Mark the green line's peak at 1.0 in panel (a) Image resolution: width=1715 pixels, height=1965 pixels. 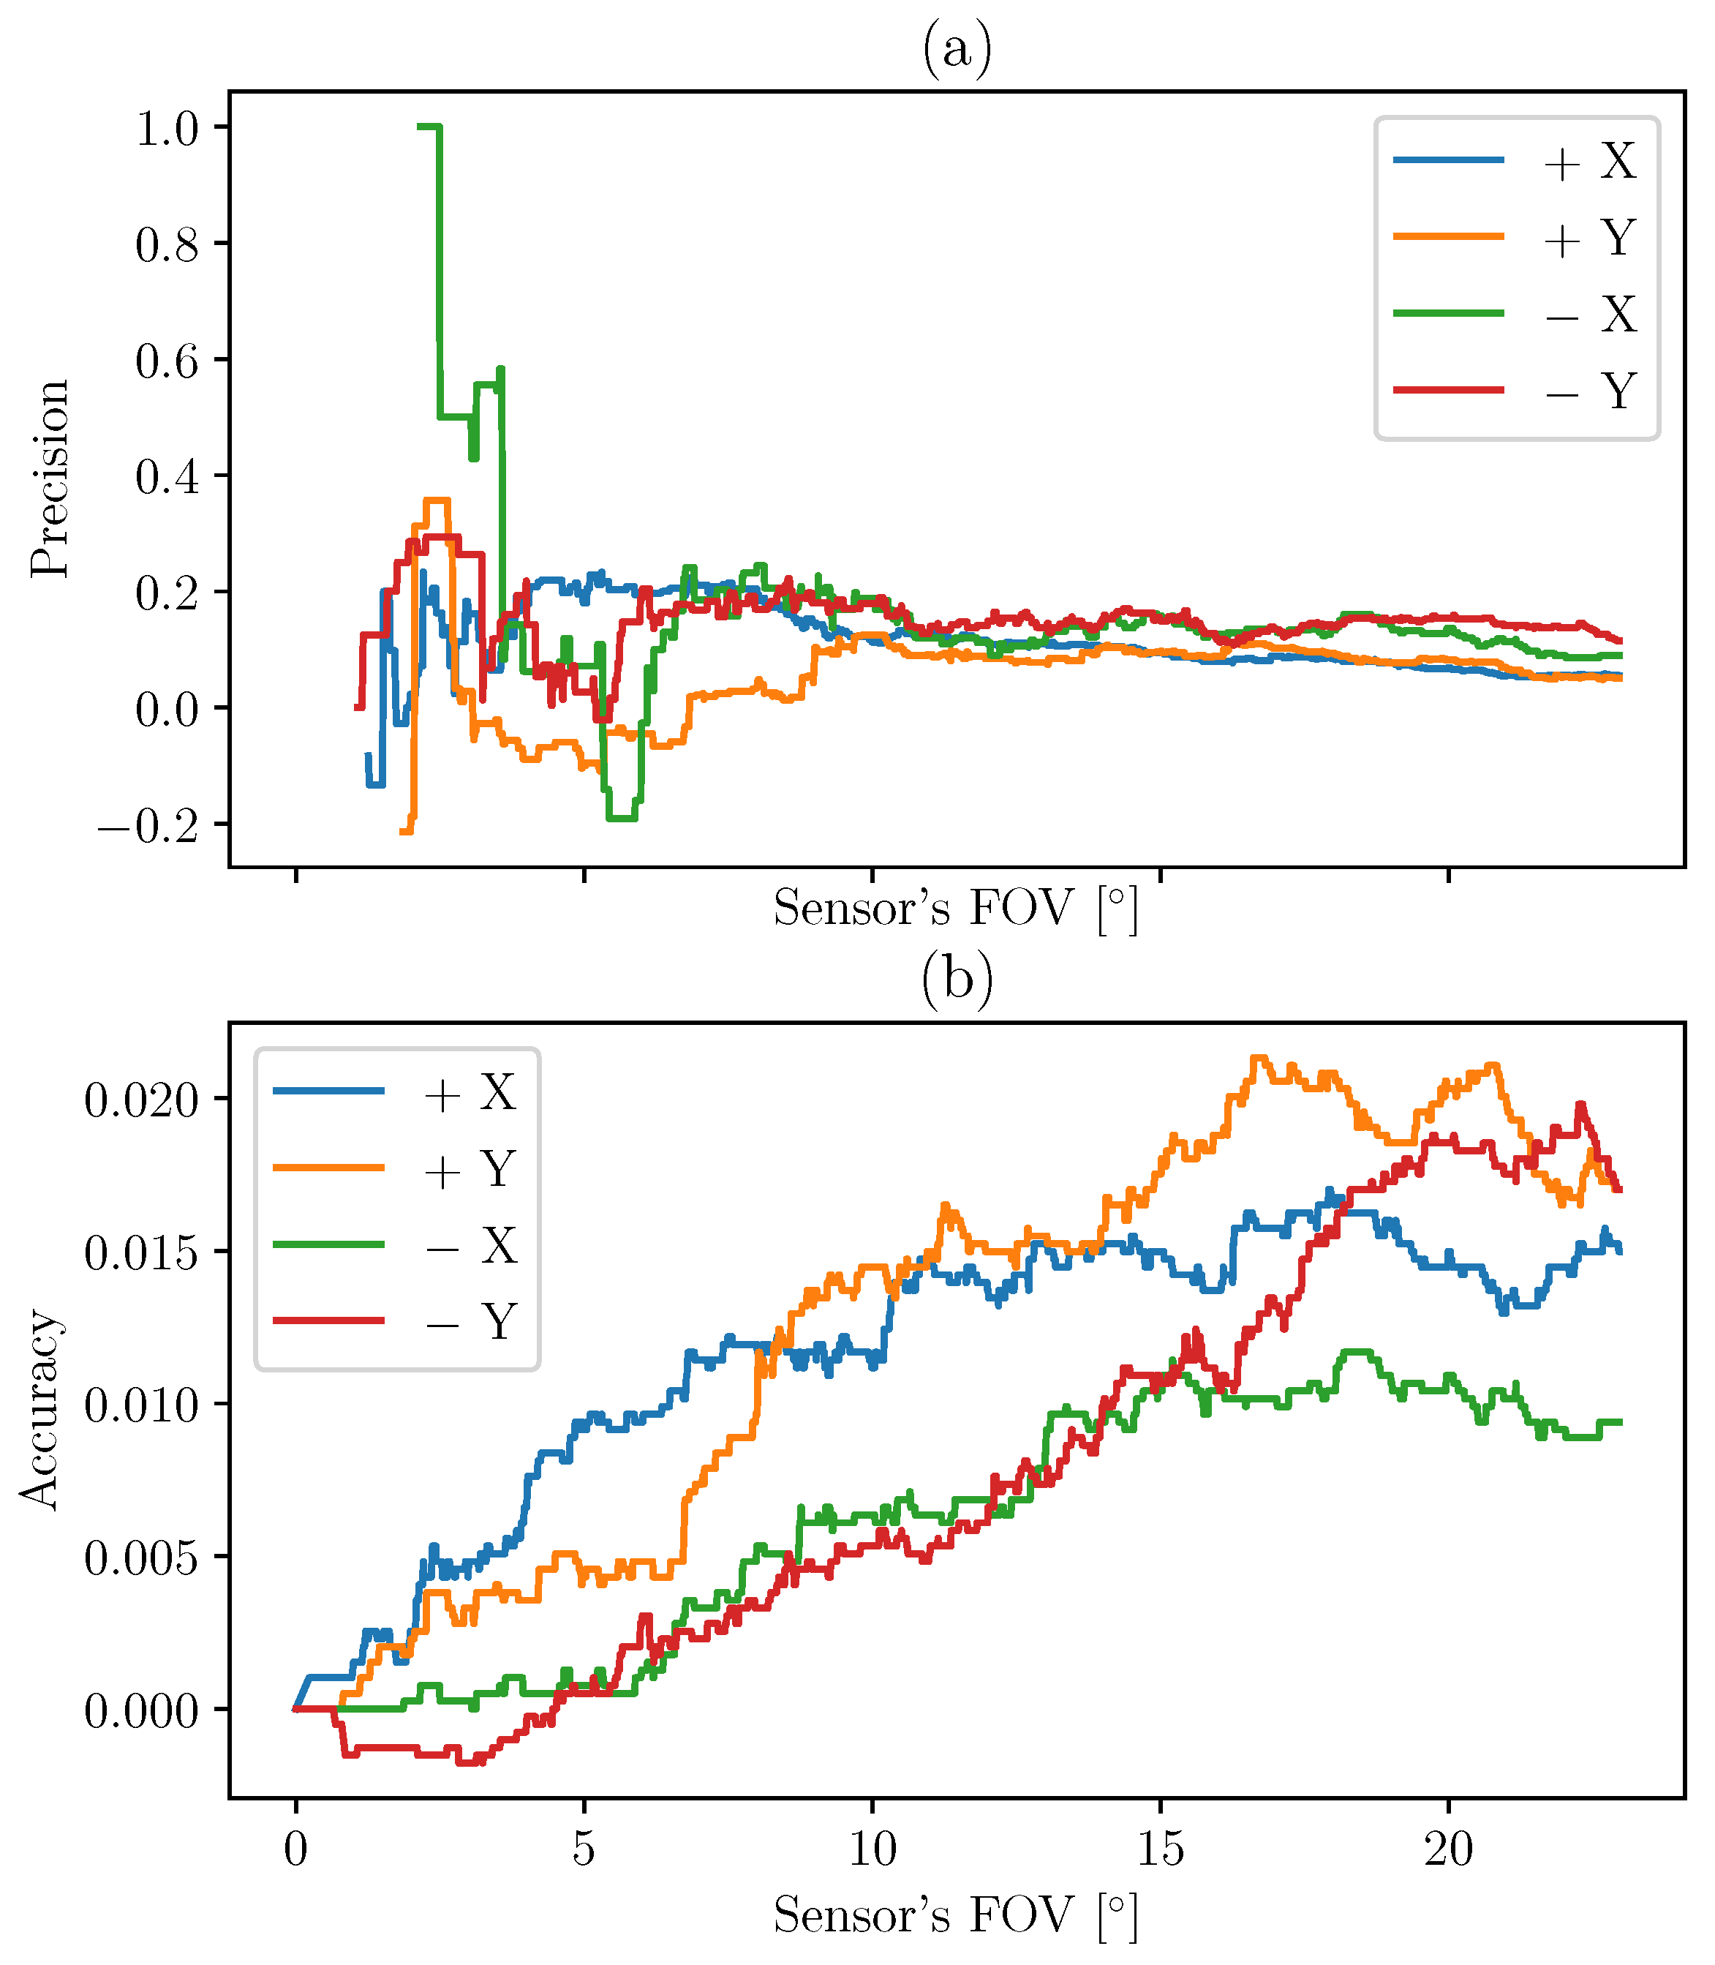429,127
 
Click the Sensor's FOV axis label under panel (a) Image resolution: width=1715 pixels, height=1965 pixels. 956,907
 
